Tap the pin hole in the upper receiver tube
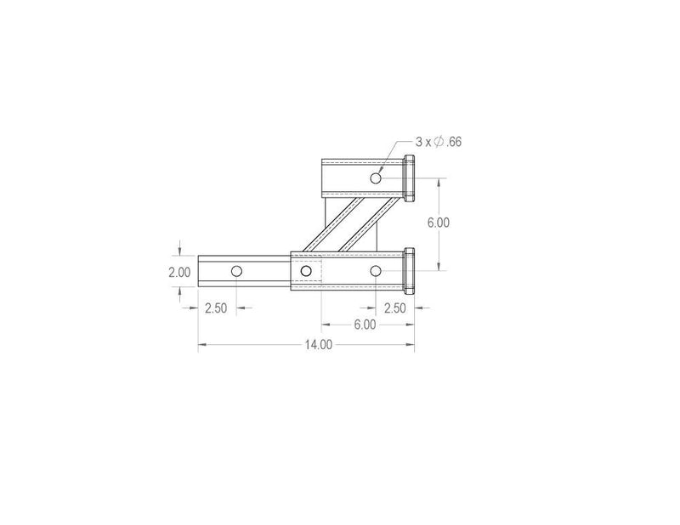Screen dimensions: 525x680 click(375, 178)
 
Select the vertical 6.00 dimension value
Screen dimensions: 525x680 click(438, 223)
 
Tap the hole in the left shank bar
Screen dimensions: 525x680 click(236, 271)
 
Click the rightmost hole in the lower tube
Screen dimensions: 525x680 click(375, 271)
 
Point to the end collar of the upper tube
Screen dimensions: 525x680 click(409, 178)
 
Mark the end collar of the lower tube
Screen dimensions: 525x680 click(409, 271)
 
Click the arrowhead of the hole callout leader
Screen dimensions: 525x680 click(383, 173)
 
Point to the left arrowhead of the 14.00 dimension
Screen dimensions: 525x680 click(201, 344)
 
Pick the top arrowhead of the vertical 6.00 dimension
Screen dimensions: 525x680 click(438, 181)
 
